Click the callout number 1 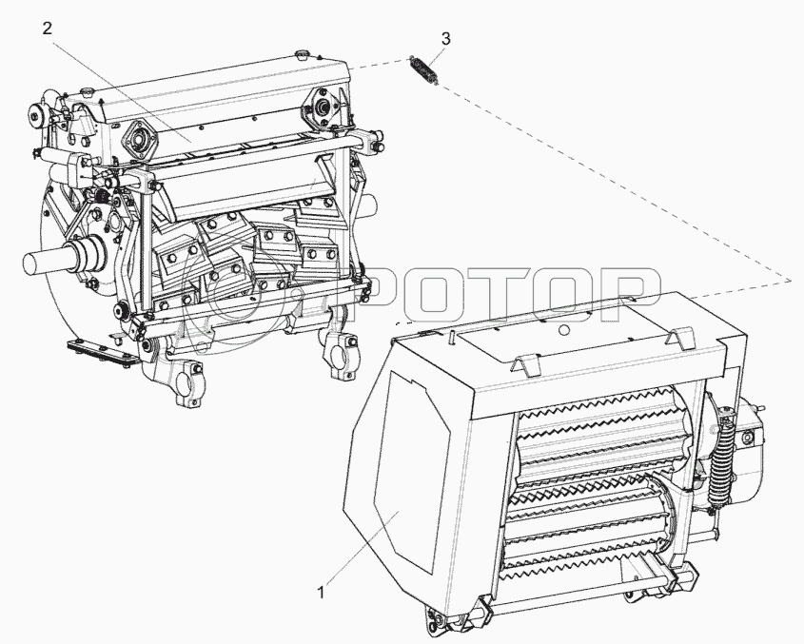click(x=321, y=594)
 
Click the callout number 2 click(x=47, y=29)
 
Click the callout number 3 click(x=445, y=38)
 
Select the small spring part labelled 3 click(x=424, y=70)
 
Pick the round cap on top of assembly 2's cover click(x=301, y=53)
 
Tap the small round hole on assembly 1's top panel click(x=564, y=330)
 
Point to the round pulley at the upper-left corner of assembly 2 click(x=37, y=116)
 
